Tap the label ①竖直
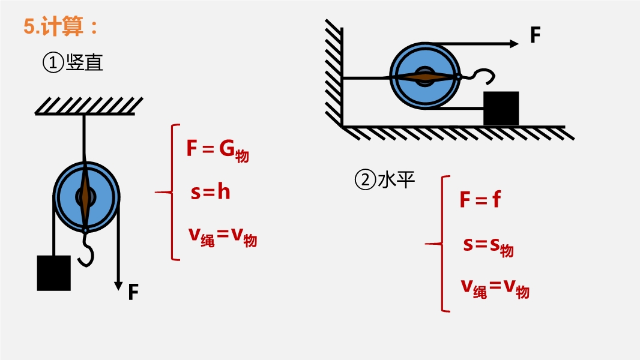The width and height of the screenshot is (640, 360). coord(73,63)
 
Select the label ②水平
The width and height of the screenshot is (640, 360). coord(385,179)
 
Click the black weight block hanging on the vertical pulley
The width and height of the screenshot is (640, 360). coord(54,273)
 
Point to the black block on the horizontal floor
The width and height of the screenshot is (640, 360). coord(501,109)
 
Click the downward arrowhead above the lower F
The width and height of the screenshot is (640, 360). coord(118,286)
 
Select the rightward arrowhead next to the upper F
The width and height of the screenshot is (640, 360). coord(515,44)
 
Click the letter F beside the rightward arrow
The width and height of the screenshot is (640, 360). coord(536,35)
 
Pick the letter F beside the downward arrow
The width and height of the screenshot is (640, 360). coord(133,292)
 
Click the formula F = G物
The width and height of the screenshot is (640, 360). coord(217,150)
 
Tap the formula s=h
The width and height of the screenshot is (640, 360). coord(210,191)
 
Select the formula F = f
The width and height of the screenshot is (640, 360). coord(480,199)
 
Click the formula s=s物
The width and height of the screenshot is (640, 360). coord(489,246)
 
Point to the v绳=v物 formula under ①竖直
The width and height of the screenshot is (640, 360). coord(223,237)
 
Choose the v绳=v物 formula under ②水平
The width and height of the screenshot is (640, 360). coord(495,289)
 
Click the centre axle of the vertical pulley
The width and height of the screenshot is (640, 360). coord(85,197)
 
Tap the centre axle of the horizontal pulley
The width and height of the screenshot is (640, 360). coord(425,76)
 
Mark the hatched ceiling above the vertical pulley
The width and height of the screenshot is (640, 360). coord(89,106)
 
